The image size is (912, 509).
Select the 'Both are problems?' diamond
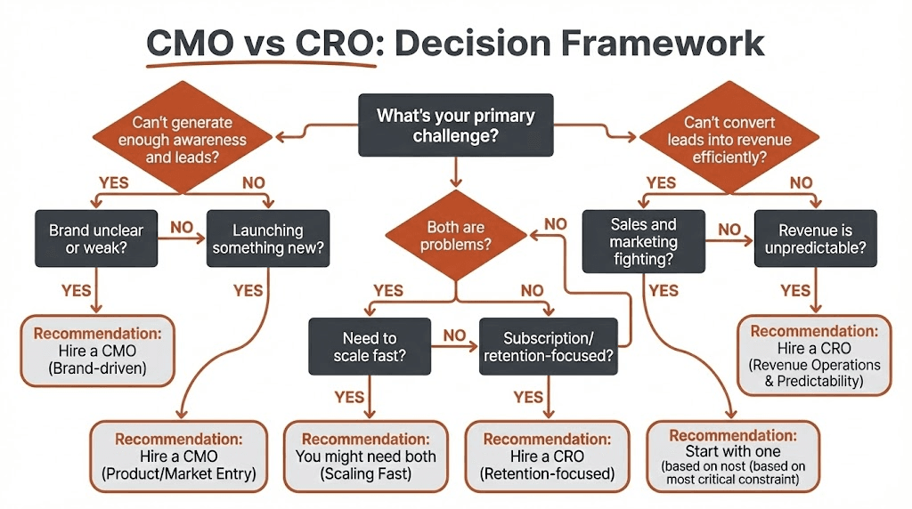456,237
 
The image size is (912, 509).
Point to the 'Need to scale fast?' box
369,347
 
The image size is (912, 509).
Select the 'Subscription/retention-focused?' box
546,347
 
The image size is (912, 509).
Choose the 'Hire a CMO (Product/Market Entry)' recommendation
178,456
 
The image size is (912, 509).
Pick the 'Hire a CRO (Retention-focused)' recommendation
546,456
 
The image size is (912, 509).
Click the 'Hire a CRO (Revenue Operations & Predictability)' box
815,353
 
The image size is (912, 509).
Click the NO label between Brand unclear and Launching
182,227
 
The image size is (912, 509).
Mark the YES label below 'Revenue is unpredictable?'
795,291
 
